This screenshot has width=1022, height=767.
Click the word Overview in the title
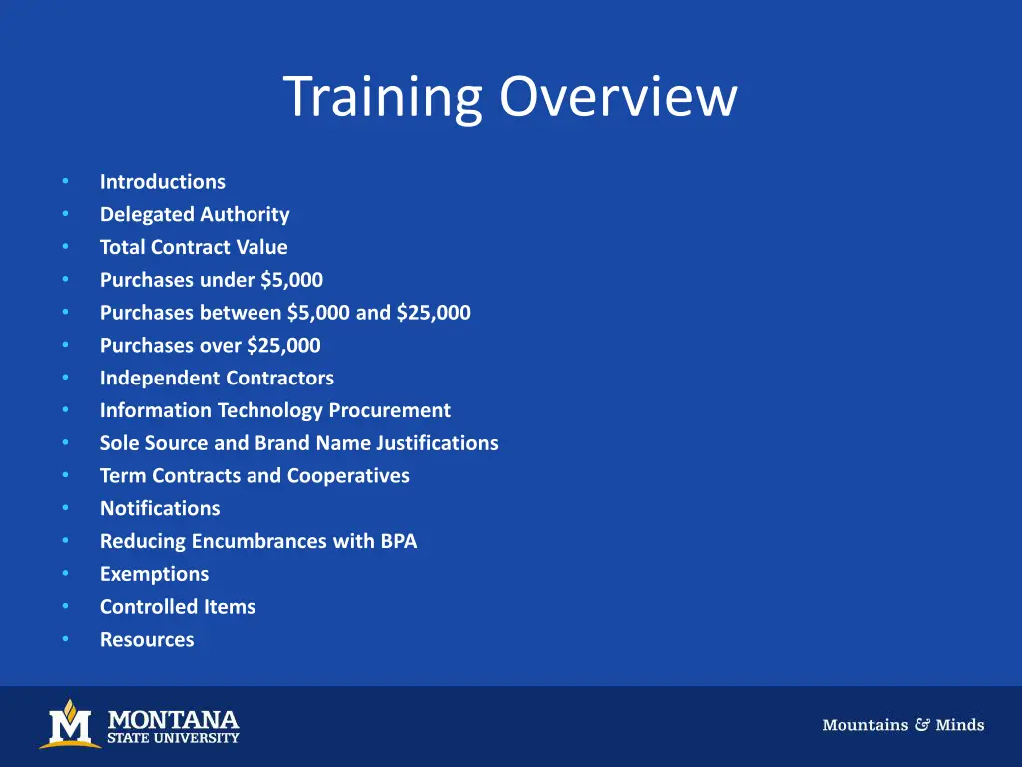click(619, 98)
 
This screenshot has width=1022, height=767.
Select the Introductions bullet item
click(162, 182)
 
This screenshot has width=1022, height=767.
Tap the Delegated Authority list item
click(195, 215)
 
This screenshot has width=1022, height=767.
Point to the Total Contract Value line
click(194, 247)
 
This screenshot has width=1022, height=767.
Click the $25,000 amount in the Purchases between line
click(433, 313)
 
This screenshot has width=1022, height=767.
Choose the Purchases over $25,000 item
click(210, 346)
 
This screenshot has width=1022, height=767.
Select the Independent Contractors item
click(217, 379)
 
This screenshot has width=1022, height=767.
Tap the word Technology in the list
click(270, 410)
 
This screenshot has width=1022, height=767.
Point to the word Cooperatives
click(348, 476)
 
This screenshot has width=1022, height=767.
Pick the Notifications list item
click(159, 509)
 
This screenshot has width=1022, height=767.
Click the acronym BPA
click(398, 541)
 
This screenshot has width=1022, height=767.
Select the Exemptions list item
click(154, 574)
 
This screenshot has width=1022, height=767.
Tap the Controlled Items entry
click(177, 607)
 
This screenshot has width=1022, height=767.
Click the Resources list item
click(147, 640)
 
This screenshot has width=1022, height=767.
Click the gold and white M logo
click(70, 724)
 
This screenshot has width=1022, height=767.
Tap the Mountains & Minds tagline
click(903, 725)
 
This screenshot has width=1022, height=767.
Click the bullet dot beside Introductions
click(65, 182)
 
